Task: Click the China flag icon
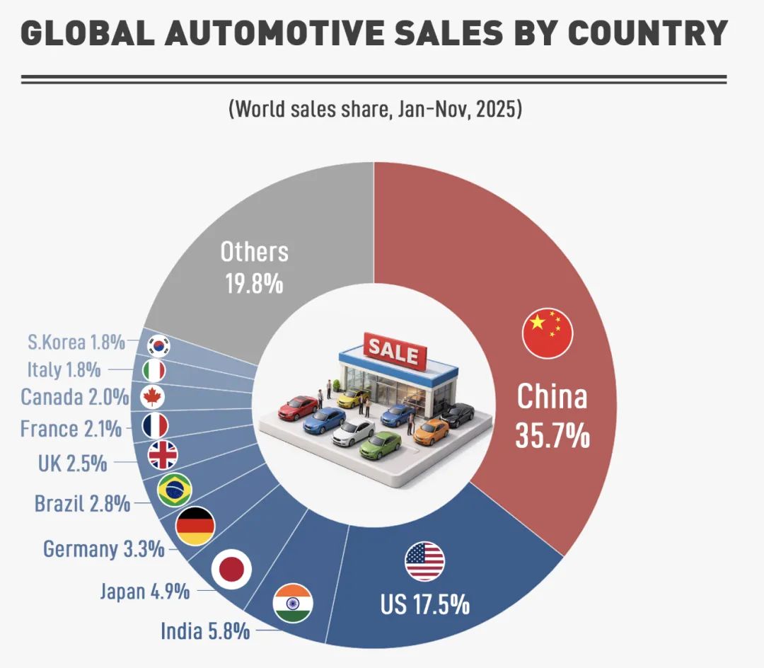tap(547, 333)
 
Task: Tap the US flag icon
tap(424, 561)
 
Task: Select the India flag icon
tap(293, 604)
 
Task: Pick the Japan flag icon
tap(231, 567)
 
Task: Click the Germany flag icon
tap(195, 526)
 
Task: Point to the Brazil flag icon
tap(174, 490)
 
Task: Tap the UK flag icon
tap(163, 455)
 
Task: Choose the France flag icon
tap(155, 425)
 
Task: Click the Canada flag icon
tap(152, 396)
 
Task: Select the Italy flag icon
tap(154, 370)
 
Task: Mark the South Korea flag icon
tap(158, 345)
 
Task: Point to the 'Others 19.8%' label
tap(254, 267)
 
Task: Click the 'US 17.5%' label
tap(424, 605)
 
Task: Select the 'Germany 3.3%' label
tap(104, 548)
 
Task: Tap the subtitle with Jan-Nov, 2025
tap(375, 110)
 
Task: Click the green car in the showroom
tap(380, 444)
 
